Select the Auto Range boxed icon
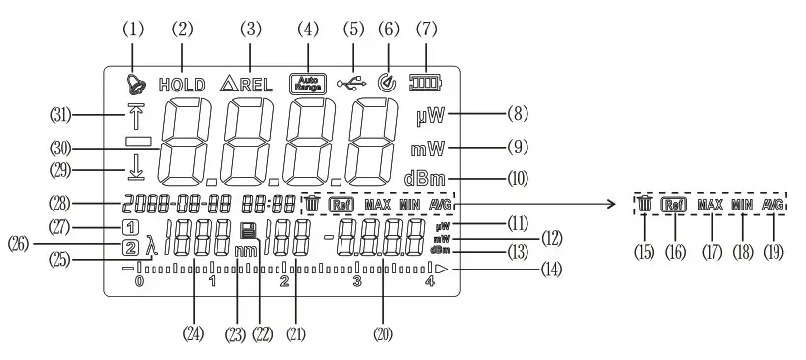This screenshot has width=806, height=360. (308, 84)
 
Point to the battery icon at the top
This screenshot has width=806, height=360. (428, 84)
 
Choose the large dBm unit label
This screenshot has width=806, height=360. (425, 179)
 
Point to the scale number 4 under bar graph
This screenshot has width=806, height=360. (429, 281)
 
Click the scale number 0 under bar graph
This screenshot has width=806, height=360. (139, 281)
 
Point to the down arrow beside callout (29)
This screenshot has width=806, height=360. (134, 170)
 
